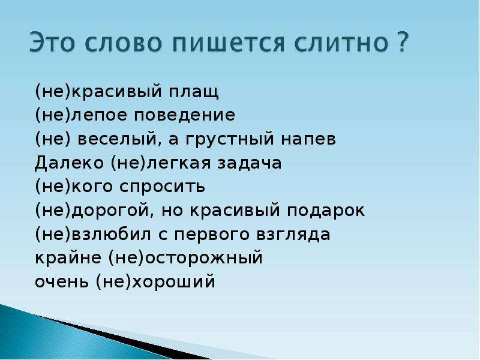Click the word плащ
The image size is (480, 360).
coord(194,92)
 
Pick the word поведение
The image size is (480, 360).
coord(185,115)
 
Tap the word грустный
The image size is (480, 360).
coord(230,139)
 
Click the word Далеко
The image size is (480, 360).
coord(69,163)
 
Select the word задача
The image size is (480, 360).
coord(250,163)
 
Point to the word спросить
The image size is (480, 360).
coord(162,187)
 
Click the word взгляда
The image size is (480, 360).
coord(293,235)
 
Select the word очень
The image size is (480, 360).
coord(62,281)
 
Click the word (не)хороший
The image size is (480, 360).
coord(155,281)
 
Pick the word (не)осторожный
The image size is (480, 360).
coord(185,258)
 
